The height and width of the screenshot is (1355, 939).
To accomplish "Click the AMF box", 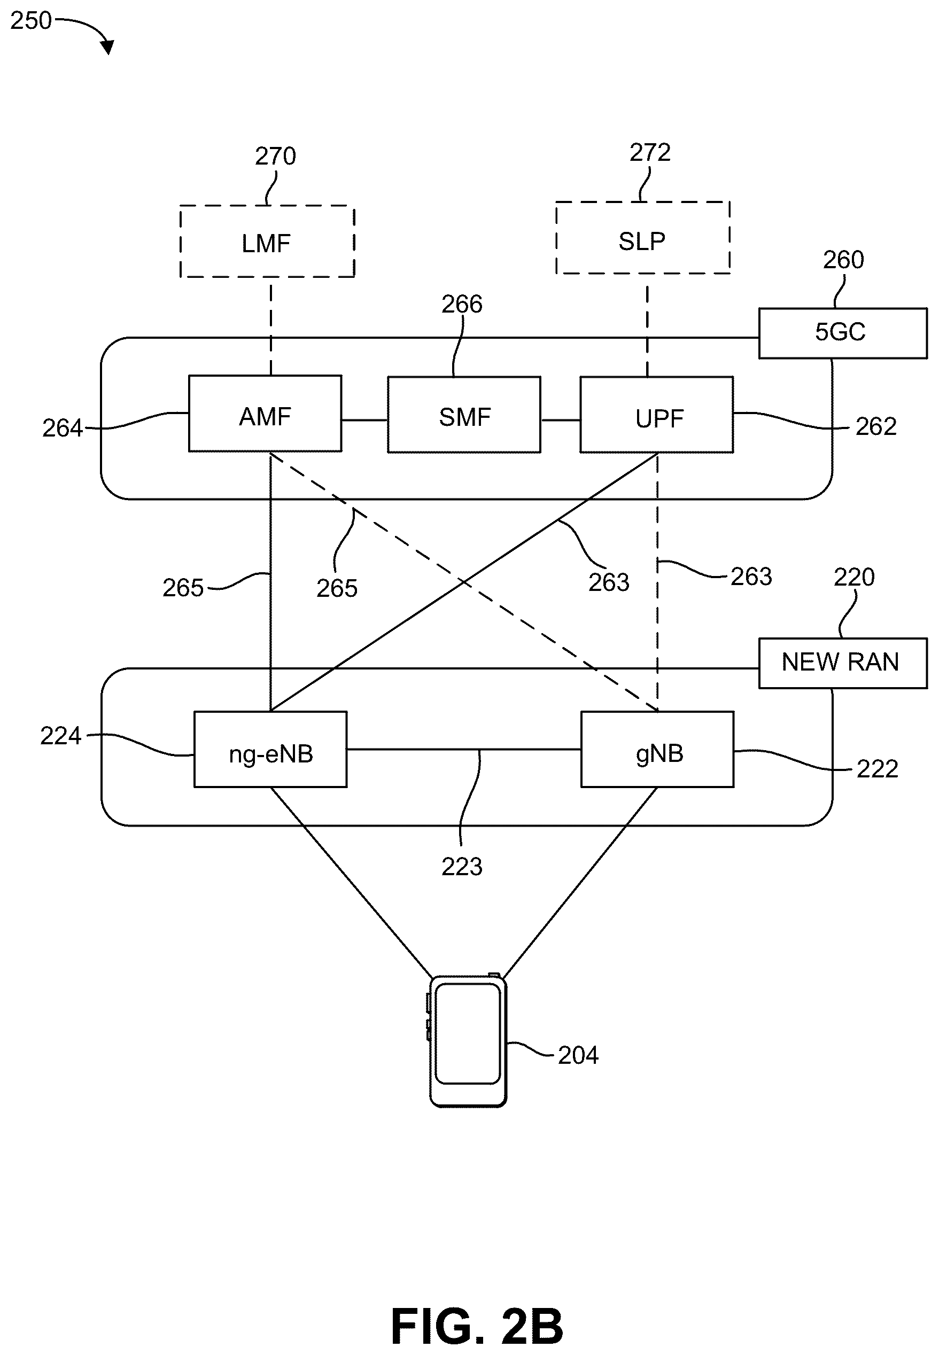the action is (265, 414).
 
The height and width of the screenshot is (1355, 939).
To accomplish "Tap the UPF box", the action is (657, 415).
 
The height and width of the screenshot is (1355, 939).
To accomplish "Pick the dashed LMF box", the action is (267, 241).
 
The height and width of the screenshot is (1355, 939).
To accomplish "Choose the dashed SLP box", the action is (643, 238).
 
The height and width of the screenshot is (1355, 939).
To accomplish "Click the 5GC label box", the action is (842, 333).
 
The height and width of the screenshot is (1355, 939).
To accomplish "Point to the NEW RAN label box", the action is (842, 663).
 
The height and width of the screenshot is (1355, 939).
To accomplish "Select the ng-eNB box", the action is (270, 749).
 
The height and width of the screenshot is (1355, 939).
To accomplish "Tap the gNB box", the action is (657, 749).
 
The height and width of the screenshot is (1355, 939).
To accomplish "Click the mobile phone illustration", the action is (468, 1041).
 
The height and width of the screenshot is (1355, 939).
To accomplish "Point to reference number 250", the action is (31, 21).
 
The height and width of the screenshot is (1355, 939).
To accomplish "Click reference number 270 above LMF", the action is (275, 157).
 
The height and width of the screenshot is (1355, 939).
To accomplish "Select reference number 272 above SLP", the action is (650, 153).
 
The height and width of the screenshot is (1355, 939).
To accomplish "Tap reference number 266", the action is (462, 304).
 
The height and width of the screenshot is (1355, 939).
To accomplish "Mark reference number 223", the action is (462, 867).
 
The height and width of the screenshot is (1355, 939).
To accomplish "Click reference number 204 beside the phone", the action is (578, 1056).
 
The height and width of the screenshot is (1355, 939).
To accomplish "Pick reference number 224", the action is (60, 736).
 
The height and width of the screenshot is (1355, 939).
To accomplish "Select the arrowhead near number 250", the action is (107, 46).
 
